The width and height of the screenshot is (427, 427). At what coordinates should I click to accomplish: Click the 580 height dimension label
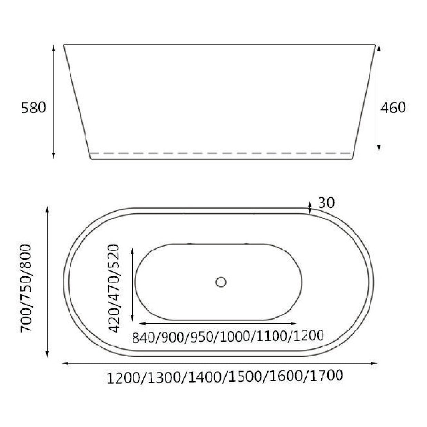(33, 108)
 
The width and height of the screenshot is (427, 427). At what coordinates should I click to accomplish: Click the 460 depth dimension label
(393, 108)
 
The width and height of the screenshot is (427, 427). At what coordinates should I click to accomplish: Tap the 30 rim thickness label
(326, 203)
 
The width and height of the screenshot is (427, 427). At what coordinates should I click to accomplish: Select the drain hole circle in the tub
(221, 282)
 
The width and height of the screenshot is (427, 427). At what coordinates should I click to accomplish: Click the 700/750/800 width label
(27, 288)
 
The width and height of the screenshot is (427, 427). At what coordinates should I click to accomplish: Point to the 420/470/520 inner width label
(113, 288)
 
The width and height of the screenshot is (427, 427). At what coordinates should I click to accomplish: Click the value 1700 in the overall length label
(325, 375)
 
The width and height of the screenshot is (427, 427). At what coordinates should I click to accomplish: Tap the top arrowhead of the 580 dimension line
(53, 47)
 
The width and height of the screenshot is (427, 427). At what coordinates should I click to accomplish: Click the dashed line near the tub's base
(221, 153)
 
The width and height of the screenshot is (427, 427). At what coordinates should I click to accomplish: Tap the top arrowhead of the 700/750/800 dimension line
(47, 209)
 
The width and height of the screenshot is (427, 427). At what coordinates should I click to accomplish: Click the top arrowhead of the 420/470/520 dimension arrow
(132, 250)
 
